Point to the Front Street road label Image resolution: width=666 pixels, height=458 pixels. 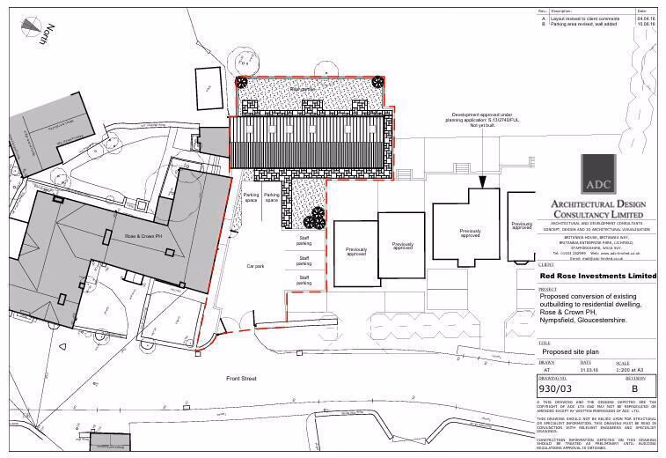coord(240,378)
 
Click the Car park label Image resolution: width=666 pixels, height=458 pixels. coord(255,265)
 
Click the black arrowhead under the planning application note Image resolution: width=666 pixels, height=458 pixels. coord(482,182)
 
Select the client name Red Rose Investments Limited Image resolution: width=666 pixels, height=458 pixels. coord(597,276)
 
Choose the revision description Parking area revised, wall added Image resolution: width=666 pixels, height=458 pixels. coord(583,24)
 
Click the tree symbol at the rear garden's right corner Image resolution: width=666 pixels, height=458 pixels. coord(377,82)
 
